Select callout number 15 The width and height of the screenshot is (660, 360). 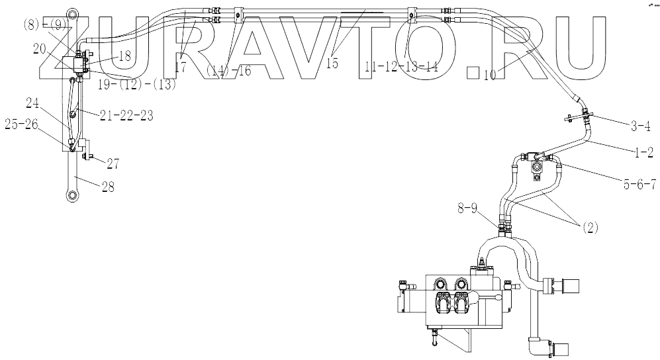[332, 64]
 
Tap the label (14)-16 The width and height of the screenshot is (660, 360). [229, 71]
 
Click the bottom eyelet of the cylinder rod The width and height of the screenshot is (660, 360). [70, 195]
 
